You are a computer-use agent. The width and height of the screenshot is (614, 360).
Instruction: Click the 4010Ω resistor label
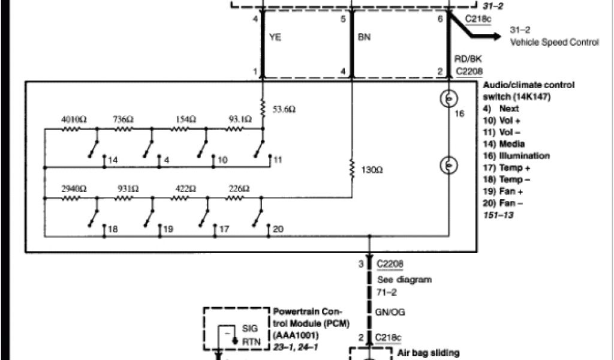[74, 119]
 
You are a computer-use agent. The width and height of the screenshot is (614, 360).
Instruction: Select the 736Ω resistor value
[124, 119]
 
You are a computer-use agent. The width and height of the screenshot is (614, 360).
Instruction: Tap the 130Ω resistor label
[371, 170]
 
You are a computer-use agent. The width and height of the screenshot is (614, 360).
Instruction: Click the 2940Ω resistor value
[74, 188]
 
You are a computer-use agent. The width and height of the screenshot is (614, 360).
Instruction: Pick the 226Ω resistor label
[238, 188]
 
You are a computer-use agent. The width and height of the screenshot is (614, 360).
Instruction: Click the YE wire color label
[276, 37]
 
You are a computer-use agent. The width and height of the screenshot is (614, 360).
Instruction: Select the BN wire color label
[364, 37]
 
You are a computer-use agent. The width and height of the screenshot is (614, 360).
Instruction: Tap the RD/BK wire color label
[468, 59]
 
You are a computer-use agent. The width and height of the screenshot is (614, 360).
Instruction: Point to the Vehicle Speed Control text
[554, 42]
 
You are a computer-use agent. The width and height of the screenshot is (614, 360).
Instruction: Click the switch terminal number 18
[112, 229]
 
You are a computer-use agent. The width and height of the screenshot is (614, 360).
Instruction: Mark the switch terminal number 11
[277, 161]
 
